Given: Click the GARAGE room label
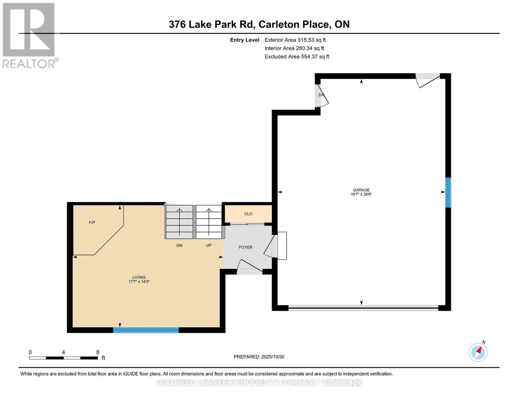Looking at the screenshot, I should click(x=361, y=190).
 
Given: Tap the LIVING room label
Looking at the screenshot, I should click(x=139, y=277).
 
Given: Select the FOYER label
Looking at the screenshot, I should click(x=245, y=247).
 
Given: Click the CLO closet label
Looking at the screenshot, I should click(x=248, y=214).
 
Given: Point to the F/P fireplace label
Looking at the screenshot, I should click(x=92, y=223).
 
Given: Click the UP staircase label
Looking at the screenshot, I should click(x=209, y=245).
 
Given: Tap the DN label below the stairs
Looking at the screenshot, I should click(x=179, y=245).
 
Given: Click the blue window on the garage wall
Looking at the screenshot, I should click(x=448, y=193).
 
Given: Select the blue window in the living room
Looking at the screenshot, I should click(x=146, y=330).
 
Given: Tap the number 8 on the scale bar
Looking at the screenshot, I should click(x=98, y=352).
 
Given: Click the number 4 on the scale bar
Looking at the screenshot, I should click(x=63, y=352).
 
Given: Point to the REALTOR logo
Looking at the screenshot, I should click(x=29, y=35).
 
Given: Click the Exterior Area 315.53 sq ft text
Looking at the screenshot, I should click(x=295, y=40).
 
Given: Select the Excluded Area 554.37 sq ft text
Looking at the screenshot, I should click(x=297, y=57).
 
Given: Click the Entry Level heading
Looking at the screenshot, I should click(x=244, y=40).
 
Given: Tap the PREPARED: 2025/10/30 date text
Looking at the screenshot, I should click(x=259, y=357).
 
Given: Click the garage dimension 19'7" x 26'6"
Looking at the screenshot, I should click(x=361, y=194).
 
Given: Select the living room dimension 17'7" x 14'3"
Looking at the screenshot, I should click(x=139, y=282).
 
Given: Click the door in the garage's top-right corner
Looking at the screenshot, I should click(x=428, y=80).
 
